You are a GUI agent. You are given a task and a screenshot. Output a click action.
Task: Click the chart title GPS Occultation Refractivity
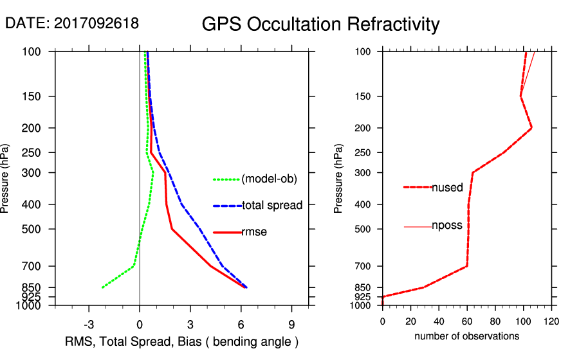point(320,24)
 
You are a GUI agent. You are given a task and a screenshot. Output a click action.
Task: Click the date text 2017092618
point(96,24)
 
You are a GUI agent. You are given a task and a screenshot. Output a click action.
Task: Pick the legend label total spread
point(272,206)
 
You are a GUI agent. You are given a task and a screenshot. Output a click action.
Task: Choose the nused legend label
point(447,188)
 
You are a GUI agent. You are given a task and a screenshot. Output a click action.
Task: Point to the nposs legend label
point(447,226)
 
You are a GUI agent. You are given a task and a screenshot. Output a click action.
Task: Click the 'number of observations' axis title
point(466,336)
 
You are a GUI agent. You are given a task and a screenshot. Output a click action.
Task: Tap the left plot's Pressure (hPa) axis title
point(6,178)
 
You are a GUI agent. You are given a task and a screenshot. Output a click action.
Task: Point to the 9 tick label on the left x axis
point(291,323)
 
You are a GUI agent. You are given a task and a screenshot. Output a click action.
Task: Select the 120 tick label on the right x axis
point(551,321)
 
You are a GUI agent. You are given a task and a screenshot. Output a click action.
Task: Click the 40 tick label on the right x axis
point(439,321)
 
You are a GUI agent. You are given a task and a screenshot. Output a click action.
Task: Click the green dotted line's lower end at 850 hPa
point(102,287)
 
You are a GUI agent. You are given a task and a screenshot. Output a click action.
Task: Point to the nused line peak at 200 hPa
point(531,128)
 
